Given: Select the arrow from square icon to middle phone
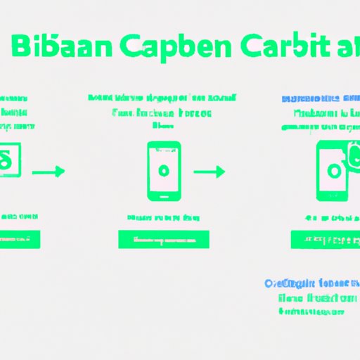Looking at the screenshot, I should pyautogui.click(x=49, y=171).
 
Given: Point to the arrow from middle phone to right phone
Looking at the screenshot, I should pyautogui.click(x=209, y=171).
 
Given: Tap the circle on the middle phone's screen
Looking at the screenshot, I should pyautogui.click(x=164, y=170).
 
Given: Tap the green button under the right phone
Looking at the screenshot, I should pyautogui.click(x=324, y=239).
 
